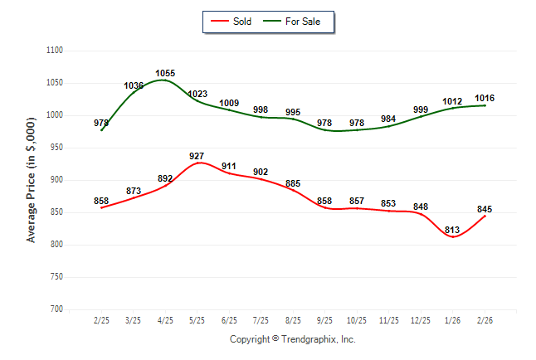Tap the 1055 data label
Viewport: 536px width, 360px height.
pyautogui.click(x=165, y=74)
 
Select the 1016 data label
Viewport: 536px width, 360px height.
pyautogui.click(x=484, y=98)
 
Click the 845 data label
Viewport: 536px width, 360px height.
pyautogui.click(x=484, y=209)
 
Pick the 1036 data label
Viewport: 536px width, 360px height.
pyautogui.click(x=134, y=86)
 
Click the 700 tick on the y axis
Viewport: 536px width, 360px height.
pyautogui.click(x=56, y=309)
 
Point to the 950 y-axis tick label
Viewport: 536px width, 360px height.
pyautogui.click(x=56, y=148)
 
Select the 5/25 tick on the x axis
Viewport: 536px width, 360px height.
pyautogui.click(x=197, y=320)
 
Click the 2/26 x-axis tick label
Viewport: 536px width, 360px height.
pyautogui.click(x=485, y=320)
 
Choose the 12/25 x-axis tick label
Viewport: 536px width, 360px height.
pyautogui.click(x=421, y=320)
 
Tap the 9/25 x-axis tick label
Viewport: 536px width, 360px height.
pyautogui.click(x=324, y=320)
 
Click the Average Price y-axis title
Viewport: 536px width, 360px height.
pyautogui.click(x=32, y=180)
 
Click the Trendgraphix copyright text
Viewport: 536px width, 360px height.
pyautogui.click(x=292, y=339)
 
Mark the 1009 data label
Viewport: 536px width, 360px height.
pyautogui.click(x=229, y=104)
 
